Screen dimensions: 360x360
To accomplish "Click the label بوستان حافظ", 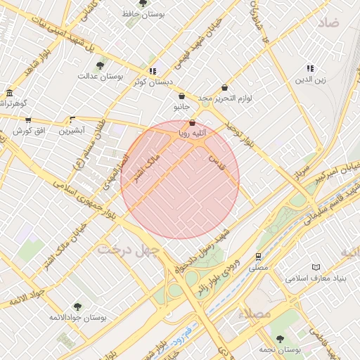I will [143, 13].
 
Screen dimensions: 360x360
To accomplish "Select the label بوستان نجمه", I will [279, 349].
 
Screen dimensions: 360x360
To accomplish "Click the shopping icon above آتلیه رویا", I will [193, 123].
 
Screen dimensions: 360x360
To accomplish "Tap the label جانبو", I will [181, 107].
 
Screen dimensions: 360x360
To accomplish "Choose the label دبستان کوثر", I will [153, 82].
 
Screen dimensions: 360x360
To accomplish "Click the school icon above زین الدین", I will [310, 68].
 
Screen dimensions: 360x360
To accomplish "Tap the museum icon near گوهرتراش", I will [8, 93].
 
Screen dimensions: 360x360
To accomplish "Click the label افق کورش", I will [30, 131].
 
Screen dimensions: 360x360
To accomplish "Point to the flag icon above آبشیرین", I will [72, 120].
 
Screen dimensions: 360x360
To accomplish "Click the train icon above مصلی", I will [259, 257].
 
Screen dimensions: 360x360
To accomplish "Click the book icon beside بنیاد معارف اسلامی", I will [316, 267].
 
